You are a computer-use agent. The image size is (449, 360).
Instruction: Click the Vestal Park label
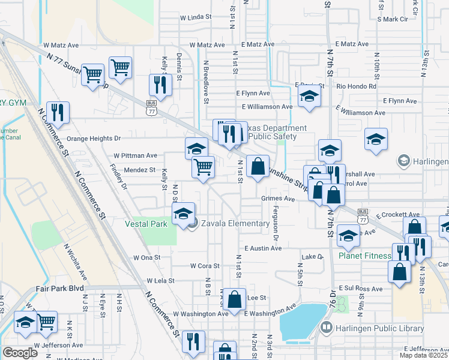[145, 224]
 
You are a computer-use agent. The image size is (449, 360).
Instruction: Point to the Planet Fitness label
[364, 256]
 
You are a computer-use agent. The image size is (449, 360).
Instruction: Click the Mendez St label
[140, 170]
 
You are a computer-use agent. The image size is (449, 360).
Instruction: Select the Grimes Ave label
[278, 199]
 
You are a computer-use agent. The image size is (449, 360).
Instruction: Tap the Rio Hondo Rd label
[357, 86]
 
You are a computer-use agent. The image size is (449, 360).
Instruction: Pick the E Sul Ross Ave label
[360, 289]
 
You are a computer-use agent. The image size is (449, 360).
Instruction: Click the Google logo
[20, 353]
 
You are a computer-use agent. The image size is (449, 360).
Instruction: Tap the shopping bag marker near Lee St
[237, 298]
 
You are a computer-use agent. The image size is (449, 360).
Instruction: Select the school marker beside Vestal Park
[183, 214]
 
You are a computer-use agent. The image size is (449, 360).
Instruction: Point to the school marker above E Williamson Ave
[309, 95]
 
